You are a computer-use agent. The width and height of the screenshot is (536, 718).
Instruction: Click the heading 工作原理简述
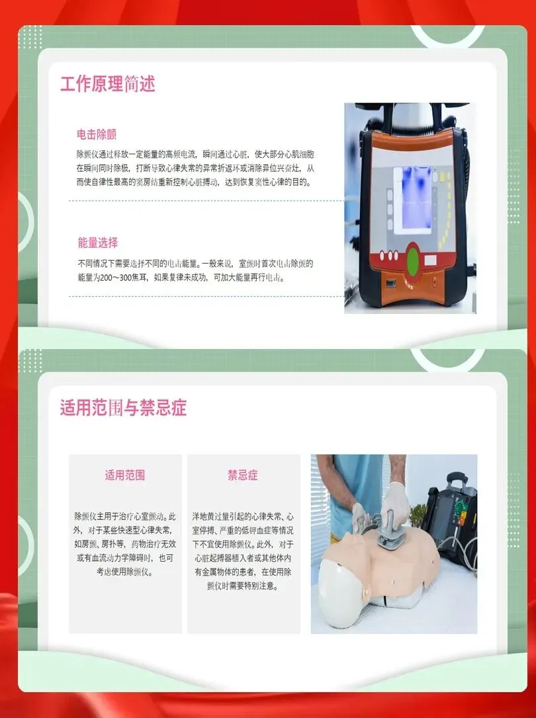pyautogui.click(x=107, y=84)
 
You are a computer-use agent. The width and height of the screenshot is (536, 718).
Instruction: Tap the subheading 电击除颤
pyautogui.click(x=97, y=134)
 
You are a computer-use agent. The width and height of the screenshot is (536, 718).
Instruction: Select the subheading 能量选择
pyautogui.click(x=97, y=242)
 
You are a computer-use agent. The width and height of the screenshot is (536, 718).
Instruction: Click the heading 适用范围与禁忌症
pyautogui.click(x=124, y=407)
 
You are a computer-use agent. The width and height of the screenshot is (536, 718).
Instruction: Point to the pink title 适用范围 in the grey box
pyautogui.click(x=125, y=476)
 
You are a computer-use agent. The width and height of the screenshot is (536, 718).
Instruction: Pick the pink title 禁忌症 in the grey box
pyautogui.click(x=243, y=476)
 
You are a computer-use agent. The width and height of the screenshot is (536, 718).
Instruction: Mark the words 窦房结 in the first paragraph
pyautogui.click(x=148, y=182)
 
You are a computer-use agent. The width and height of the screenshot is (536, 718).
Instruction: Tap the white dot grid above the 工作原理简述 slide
pyautogui.click(x=31, y=37)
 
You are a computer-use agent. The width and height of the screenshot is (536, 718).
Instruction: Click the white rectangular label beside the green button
pyautogui.click(x=430, y=260)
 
